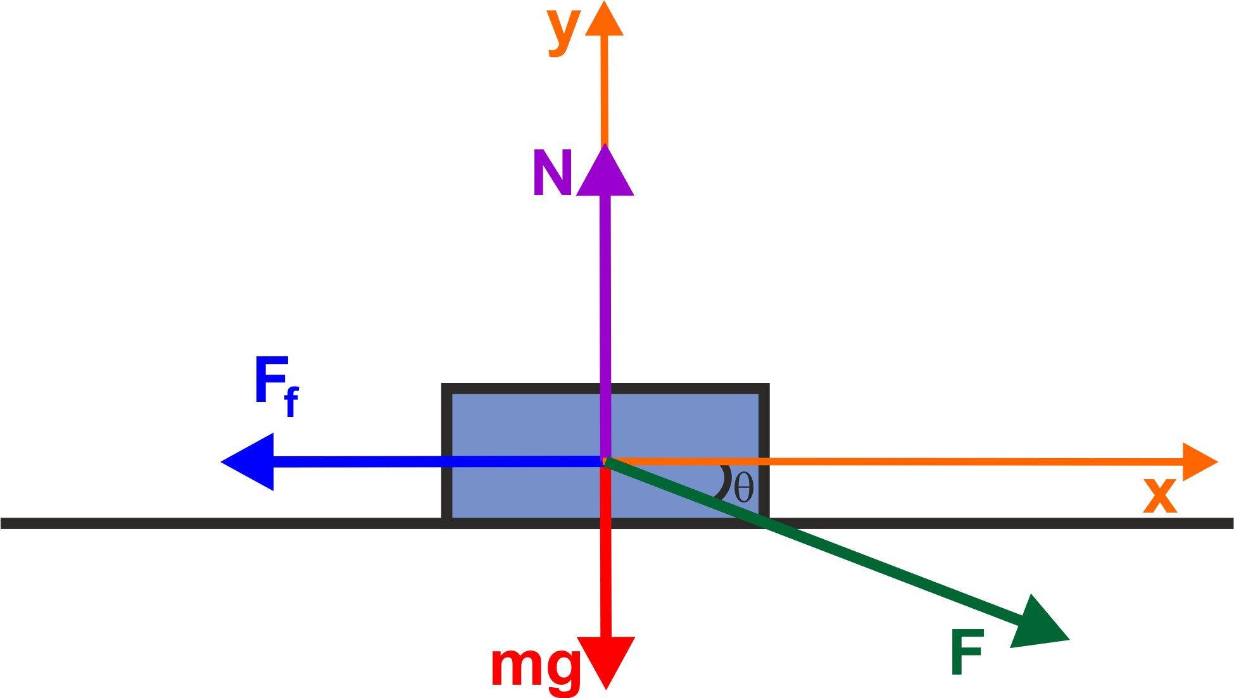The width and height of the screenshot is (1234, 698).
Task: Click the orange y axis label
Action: [x=563, y=30]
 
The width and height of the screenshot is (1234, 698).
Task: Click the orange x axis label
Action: [x=1160, y=495]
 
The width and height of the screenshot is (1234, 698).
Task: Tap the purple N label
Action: [x=553, y=173]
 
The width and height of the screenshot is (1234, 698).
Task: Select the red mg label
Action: [x=536, y=667]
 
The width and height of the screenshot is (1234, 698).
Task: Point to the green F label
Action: [x=967, y=652]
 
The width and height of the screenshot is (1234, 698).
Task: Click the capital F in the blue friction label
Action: [x=270, y=380]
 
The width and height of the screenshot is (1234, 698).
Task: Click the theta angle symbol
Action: [x=744, y=488]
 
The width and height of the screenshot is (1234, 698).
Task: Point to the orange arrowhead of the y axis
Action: [x=604, y=21]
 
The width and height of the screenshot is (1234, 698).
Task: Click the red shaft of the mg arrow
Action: [x=605, y=570]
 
